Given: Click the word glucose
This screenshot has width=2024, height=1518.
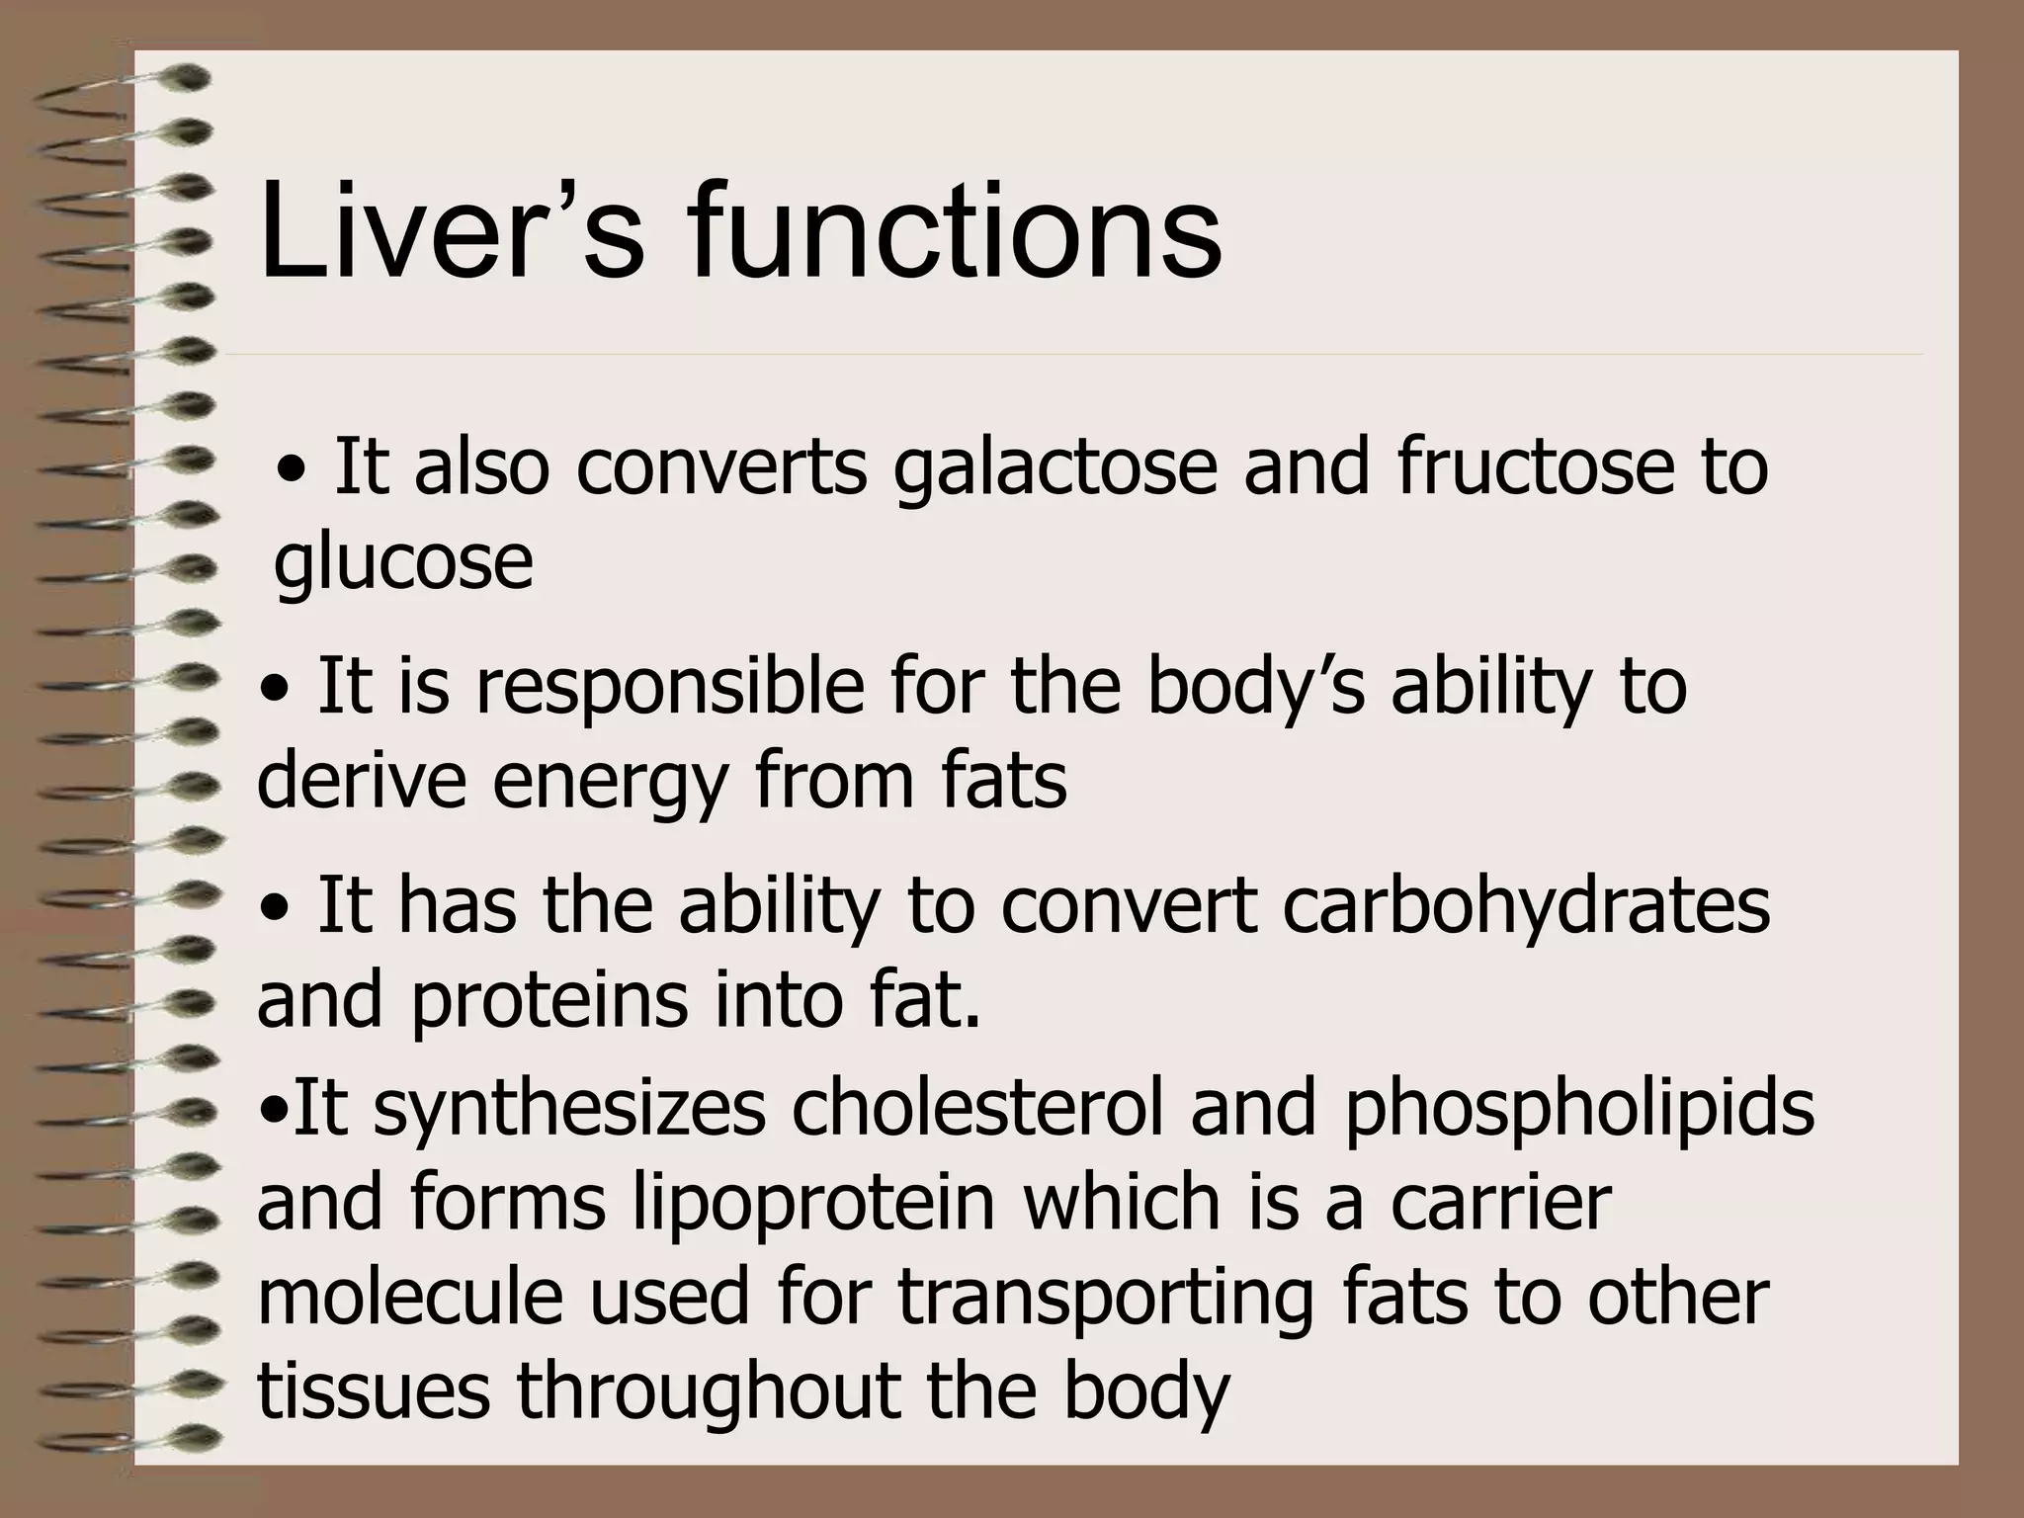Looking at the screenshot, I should (403, 563).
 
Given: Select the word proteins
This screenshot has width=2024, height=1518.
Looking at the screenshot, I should (548, 1000).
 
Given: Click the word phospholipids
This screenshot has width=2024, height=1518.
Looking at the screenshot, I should (1577, 1109).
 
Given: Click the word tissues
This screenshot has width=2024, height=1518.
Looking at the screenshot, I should (374, 1391).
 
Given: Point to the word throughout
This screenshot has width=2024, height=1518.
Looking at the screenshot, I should (708, 1391).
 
